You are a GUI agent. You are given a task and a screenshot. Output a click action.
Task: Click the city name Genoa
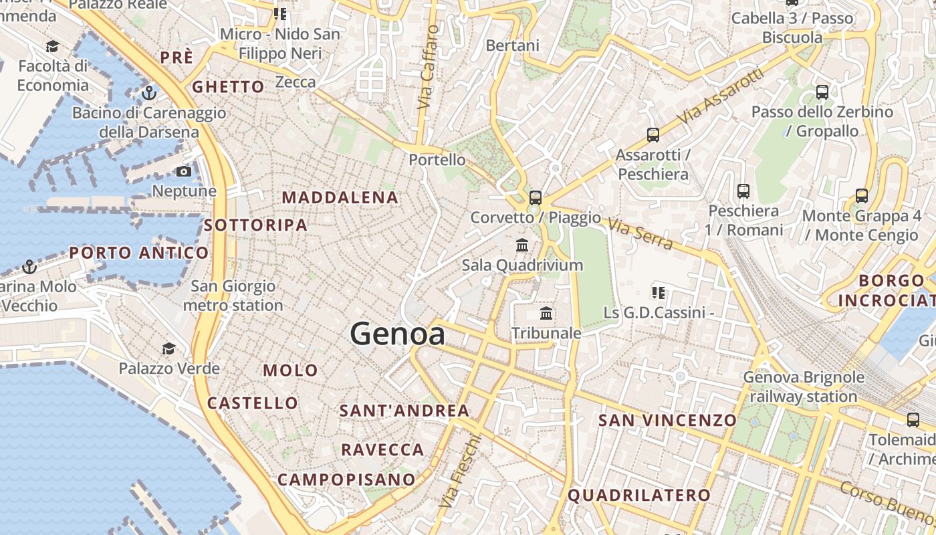397,334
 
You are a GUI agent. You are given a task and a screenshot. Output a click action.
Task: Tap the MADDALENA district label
340,197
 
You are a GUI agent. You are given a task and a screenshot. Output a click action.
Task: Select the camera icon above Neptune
184,172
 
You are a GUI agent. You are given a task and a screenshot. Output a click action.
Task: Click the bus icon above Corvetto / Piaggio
535,197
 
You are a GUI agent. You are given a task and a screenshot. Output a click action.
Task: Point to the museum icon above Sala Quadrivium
522,245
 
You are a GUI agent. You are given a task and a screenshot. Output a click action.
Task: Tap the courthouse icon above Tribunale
546,313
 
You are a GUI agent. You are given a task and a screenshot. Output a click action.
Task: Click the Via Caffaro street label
428,67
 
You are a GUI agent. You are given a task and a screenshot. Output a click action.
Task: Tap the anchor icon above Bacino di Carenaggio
148,92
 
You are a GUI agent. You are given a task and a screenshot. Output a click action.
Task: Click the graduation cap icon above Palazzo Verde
168,348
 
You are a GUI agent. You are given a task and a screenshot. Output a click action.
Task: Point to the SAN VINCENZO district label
667,420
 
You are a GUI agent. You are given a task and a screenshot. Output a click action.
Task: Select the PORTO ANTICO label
139,253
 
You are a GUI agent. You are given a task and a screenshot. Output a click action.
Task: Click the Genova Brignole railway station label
804,387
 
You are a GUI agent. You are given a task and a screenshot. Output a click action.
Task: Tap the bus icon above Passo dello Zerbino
822,92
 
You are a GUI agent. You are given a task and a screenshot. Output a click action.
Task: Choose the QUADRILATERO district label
638,495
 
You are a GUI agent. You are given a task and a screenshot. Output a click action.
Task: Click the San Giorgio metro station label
233,296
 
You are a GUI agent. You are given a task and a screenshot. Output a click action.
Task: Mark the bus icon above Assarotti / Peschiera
653,135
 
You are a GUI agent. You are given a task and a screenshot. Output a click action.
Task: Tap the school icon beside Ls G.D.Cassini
659,292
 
